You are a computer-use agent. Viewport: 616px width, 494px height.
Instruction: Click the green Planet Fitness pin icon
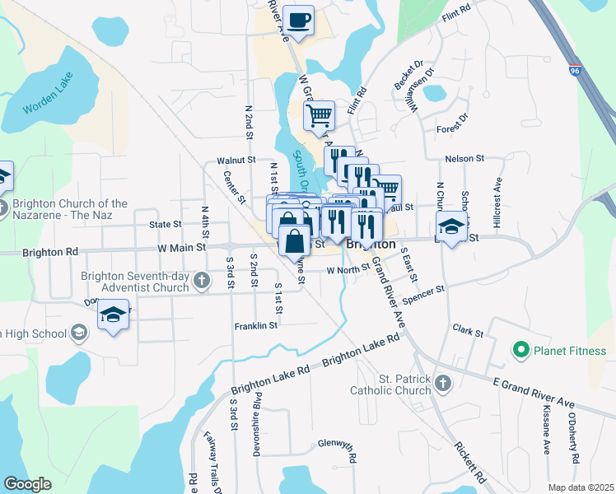(x=520, y=352)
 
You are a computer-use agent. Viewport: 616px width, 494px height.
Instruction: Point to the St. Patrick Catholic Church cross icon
(x=443, y=384)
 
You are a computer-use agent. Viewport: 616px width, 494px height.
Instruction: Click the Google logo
(x=27, y=484)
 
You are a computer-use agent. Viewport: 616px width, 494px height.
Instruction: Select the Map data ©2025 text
(x=581, y=487)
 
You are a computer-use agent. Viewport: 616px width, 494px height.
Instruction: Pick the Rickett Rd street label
(x=467, y=463)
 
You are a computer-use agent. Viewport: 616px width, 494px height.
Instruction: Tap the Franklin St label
(x=255, y=326)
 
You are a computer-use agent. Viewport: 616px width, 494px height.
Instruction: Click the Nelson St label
(x=464, y=158)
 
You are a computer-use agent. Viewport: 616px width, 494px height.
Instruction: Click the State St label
(x=165, y=224)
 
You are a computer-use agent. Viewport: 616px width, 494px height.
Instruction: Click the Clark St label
(x=467, y=331)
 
